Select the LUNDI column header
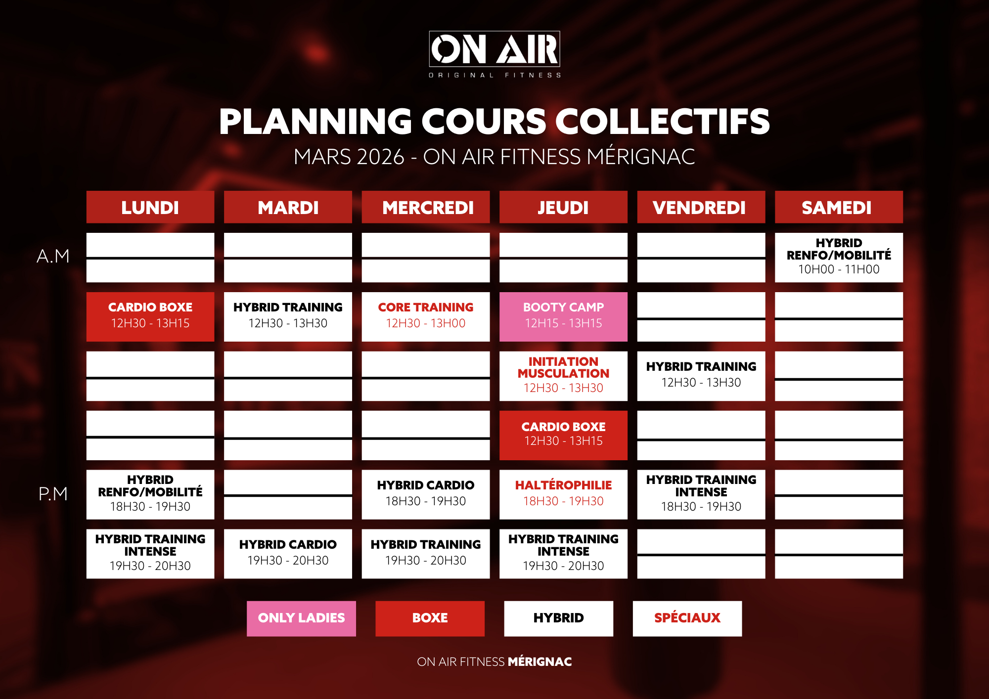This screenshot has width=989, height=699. [150, 207]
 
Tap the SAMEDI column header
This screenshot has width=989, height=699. [839, 207]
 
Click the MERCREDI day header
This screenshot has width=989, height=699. [426, 207]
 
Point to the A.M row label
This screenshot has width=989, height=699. [53, 256]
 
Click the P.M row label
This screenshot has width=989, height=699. [53, 494]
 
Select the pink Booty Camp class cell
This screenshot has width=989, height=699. [563, 317]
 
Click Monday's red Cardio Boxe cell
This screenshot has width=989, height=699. [150, 317]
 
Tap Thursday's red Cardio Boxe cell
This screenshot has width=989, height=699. [563, 436]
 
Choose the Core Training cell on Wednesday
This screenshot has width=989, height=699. [426, 317]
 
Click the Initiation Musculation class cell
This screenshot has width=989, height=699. [563, 376]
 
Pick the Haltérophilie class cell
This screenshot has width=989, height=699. [563, 495]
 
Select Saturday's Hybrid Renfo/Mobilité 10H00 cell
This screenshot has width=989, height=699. [839, 258]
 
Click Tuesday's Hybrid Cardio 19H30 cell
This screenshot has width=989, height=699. [288, 554]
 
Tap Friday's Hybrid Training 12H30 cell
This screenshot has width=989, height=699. [701, 376]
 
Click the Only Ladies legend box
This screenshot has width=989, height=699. [301, 618]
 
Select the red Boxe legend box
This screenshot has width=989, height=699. [430, 618]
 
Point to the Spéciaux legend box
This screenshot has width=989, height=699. [687, 618]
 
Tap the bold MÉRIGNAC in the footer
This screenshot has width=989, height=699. [540, 662]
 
